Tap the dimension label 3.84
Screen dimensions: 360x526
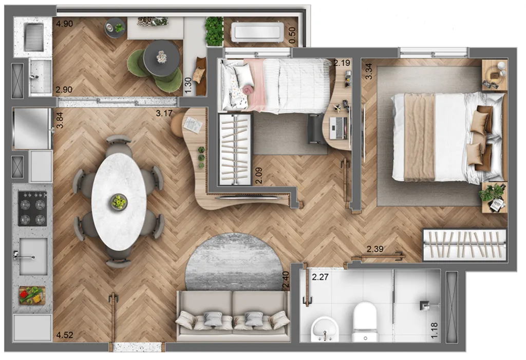(60, 120)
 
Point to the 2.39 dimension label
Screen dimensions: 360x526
(375, 250)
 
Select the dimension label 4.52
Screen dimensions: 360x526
(64, 336)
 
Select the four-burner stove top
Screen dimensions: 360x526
(32, 209)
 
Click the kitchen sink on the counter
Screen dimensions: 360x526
(32, 256)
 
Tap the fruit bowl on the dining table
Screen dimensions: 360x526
(119, 201)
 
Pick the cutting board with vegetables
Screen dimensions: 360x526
(32, 295)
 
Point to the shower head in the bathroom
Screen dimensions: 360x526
(424, 305)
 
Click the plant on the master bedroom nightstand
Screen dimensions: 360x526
(491, 193)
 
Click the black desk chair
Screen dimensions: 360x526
(314, 128)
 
